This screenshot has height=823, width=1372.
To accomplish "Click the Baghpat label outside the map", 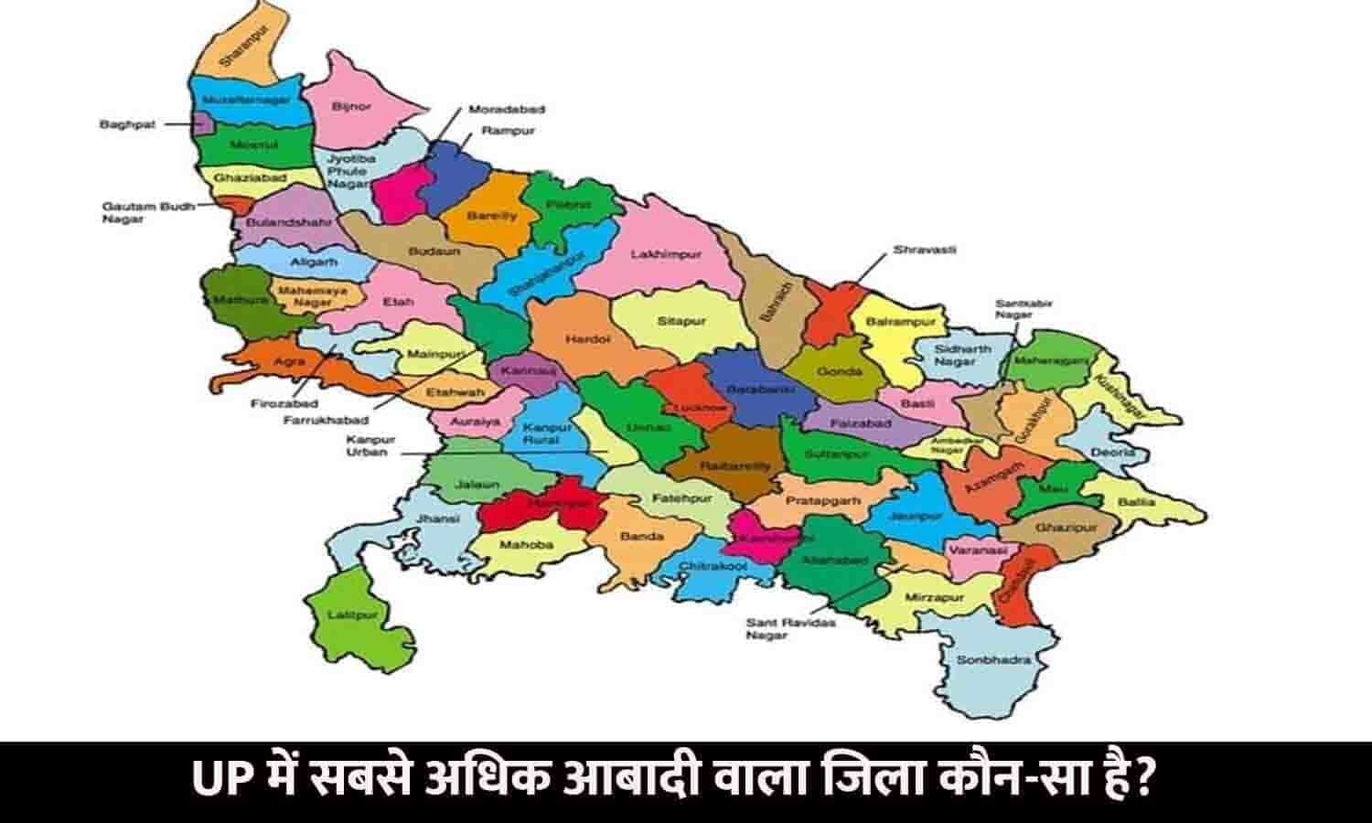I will [x=123, y=123].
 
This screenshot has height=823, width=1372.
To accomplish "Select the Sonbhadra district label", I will [x=981, y=659].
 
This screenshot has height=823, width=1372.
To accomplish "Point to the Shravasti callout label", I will [x=925, y=250].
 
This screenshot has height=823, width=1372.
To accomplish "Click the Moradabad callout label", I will [x=507, y=109].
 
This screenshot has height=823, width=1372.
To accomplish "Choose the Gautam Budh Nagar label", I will [x=135, y=213].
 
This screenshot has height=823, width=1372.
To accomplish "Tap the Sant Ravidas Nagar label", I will [x=779, y=628].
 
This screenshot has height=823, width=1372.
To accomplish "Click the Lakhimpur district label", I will [x=666, y=254].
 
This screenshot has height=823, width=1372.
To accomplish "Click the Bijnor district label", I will [x=352, y=107].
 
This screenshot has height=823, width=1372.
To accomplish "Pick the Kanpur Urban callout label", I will [x=367, y=446].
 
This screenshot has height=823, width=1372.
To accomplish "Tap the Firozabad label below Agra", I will [x=284, y=402].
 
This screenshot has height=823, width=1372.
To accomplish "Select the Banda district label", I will [x=641, y=536].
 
